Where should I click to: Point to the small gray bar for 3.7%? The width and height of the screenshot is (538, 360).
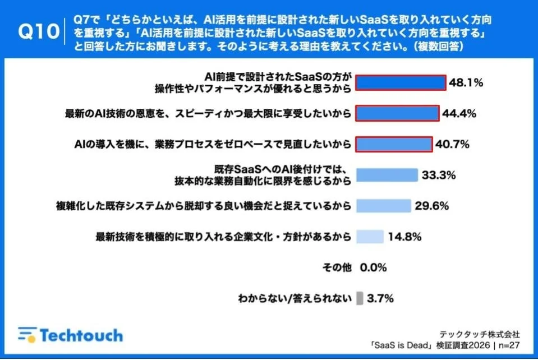[360, 298]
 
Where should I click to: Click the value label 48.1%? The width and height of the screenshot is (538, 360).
[466, 83]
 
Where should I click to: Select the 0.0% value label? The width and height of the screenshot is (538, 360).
[373, 267]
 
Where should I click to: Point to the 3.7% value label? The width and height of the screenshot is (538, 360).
[380, 298]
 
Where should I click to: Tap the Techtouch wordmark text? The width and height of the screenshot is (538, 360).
[81, 335]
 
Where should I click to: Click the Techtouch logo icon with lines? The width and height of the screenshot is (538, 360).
[26, 335]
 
